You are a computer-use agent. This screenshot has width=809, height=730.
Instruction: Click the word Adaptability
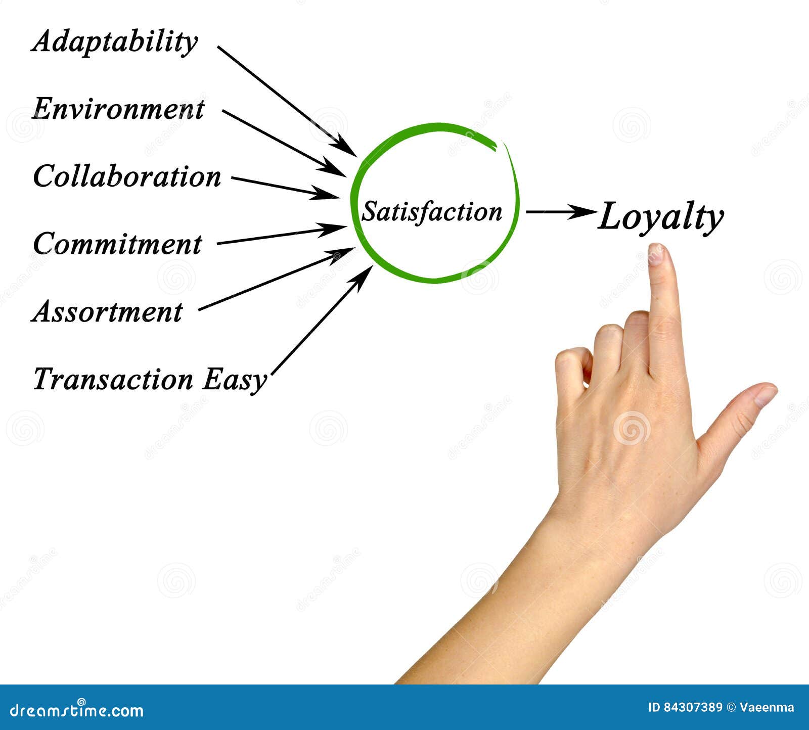coord(115,42)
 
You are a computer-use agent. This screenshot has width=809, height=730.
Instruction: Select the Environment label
coord(118,109)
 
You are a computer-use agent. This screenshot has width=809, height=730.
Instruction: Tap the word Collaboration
coord(127,176)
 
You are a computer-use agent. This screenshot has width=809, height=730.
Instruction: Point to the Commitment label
coord(117,244)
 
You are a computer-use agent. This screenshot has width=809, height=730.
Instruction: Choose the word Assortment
coord(107,311)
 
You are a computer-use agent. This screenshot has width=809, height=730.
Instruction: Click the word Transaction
coord(113,379)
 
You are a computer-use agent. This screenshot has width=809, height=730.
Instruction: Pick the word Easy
coord(234,380)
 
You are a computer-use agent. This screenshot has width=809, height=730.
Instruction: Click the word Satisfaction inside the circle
coord(432,211)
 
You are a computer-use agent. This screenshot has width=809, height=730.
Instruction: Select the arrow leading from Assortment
coord(276,279)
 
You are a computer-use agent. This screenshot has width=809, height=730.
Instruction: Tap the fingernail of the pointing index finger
coord(656,254)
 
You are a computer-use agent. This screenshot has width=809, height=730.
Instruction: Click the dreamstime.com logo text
coord(77,710)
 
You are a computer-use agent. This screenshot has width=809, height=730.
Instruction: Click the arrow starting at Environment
coord(284,143)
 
